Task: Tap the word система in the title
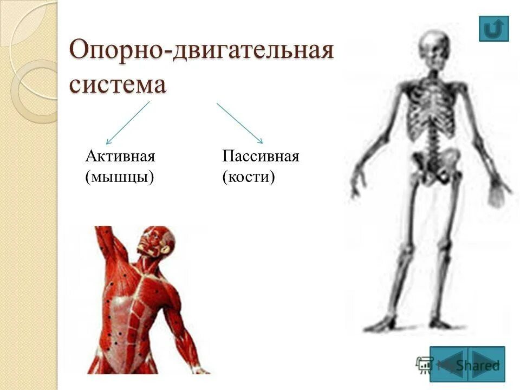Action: (118, 85)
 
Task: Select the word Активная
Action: (120, 157)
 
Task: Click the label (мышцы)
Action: (120, 177)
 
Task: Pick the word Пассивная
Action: (261, 157)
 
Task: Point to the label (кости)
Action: (249, 177)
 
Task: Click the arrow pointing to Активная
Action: (127, 122)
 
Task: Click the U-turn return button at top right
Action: (493, 29)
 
